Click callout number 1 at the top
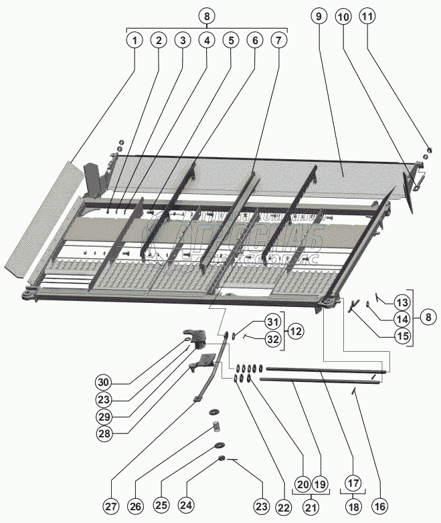coord(135,41)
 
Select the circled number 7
coord(278,41)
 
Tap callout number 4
coord(207,41)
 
